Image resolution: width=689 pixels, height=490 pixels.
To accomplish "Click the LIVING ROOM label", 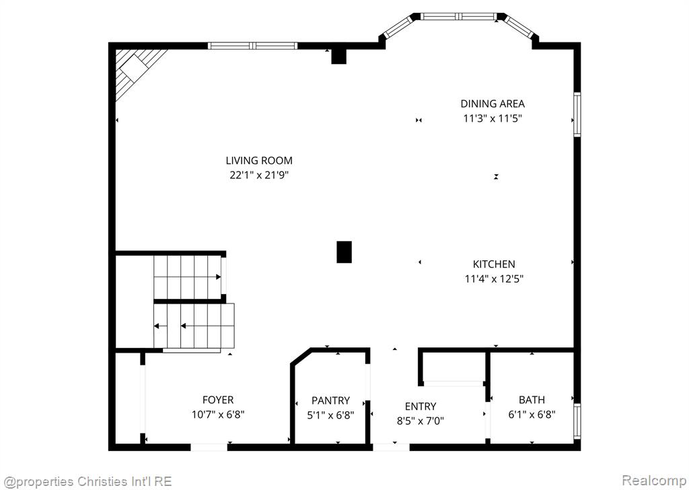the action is pos(259,160).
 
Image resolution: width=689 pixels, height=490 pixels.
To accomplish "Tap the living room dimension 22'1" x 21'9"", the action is pos(259,175).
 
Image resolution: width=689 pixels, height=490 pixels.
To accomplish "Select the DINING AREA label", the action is pos(493,104).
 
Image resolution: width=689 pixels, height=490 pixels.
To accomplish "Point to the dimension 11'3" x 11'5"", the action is pos(493,118).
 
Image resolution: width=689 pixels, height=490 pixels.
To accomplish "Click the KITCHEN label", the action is pos(494,264).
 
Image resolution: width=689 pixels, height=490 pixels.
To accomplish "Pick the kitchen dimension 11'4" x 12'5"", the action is pos(494,279).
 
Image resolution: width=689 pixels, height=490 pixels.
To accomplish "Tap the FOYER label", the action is pos(218,400).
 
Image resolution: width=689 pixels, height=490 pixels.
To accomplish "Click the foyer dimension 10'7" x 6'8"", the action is pos(218,415).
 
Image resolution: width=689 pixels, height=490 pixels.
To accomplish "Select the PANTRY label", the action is pos(331,400).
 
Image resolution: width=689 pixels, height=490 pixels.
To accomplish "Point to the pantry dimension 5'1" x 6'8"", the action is pos(331,415).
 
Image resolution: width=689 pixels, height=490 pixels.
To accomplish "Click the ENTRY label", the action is pos(421,407).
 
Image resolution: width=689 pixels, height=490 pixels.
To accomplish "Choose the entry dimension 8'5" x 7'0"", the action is pos(421,421).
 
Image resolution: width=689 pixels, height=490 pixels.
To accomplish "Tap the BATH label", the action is pos(532,400).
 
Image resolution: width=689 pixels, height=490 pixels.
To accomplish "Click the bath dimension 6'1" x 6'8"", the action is pos(532,415).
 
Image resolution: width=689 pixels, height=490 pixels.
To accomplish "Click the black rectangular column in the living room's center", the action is pos(344,252).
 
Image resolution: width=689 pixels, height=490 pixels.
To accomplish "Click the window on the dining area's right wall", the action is pos(577,114).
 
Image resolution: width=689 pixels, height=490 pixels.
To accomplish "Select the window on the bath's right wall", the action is pos(577,421).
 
